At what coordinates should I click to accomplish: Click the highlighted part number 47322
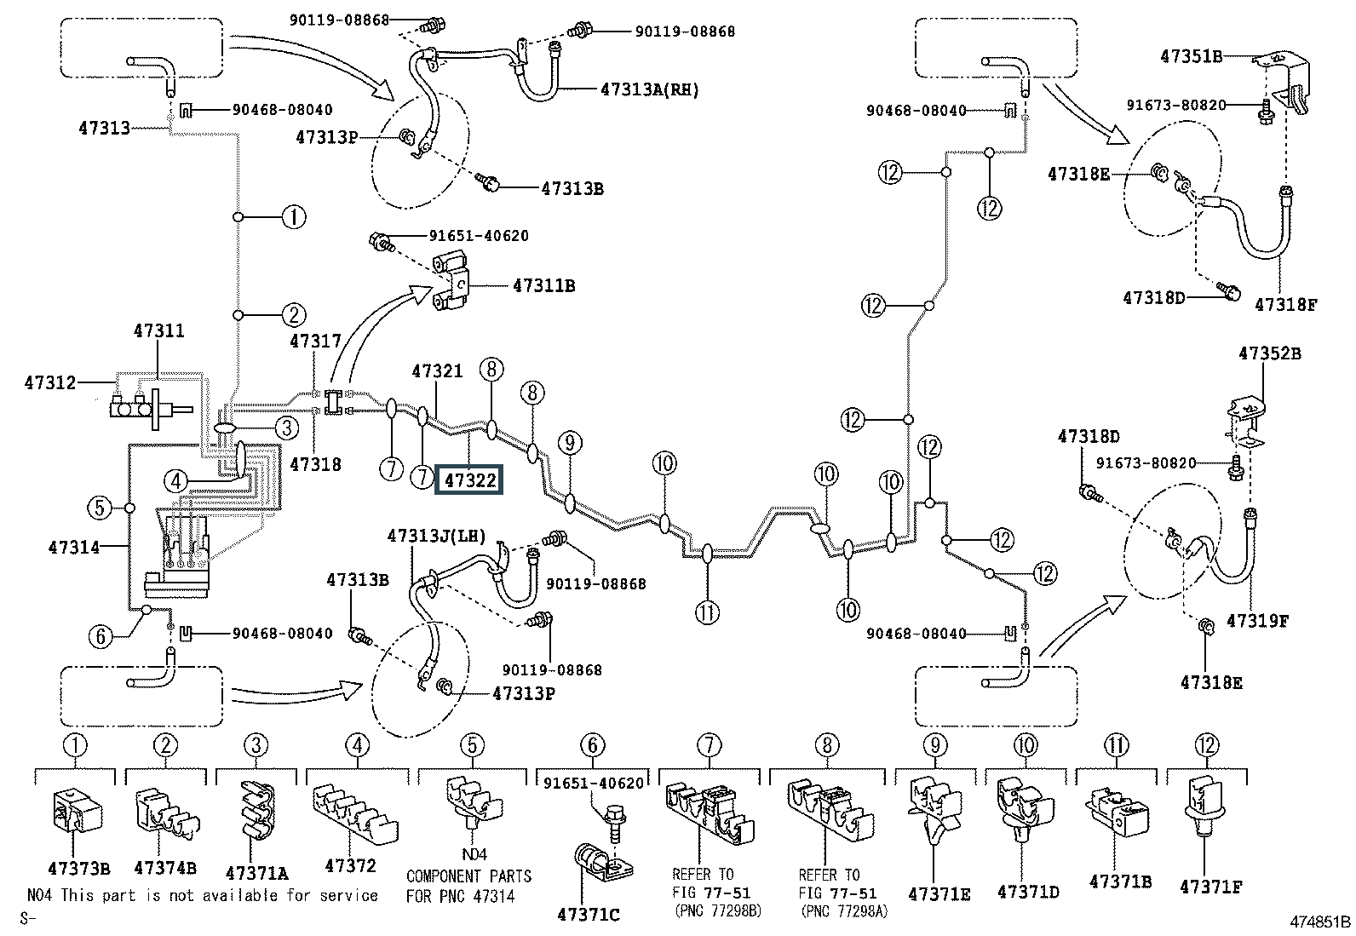(x=469, y=481)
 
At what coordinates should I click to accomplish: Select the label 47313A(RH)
(x=649, y=89)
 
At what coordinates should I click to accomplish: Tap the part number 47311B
(x=543, y=286)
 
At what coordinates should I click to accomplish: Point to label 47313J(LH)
(x=436, y=536)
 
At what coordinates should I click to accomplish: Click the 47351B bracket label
(x=1191, y=57)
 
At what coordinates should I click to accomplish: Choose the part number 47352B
(x=1269, y=353)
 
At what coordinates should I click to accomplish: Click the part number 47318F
(x=1285, y=303)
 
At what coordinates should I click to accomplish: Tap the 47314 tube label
(x=74, y=547)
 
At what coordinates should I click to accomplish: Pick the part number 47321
(x=437, y=371)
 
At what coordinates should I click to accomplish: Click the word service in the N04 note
(x=348, y=895)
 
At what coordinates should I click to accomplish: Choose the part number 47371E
(x=939, y=894)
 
